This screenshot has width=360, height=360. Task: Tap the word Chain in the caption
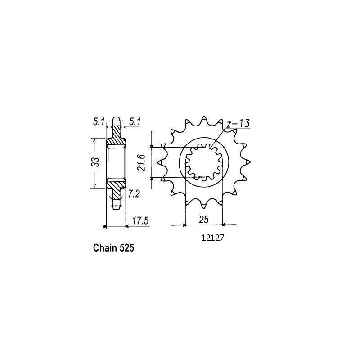pyautogui.click(x=104, y=247)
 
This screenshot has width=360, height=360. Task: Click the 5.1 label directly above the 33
pyautogui.click(x=99, y=121)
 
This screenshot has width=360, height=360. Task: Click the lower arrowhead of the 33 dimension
pyautogui.click(x=94, y=186)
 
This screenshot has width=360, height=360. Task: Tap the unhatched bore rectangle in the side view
pyautogui.click(x=116, y=163)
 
